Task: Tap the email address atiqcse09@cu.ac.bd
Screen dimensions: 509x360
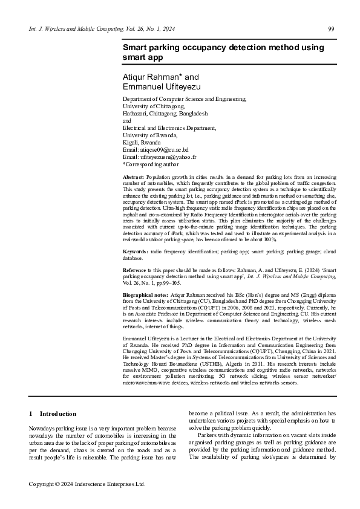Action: pyautogui.click(x=165, y=149)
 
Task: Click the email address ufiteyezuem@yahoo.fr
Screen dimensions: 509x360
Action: pyautogui.click(x=167, y=156)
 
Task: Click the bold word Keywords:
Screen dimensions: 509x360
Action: pyautogui.click(x=135, y=250)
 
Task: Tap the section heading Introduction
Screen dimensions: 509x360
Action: pyautogui.click(x=58, y=413)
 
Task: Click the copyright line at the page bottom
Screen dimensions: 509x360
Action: pyautogui.click(x=88, y=484)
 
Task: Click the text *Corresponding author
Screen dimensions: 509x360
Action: pyautogui.click(x=151, y=163)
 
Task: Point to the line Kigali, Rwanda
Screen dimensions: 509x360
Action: pyautogui.click(x=143, y=142)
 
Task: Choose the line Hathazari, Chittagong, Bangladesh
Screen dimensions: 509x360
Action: pyautogui.click(x=165, y=113)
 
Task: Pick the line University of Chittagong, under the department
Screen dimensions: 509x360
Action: pyautogui.click(x=154, y=106)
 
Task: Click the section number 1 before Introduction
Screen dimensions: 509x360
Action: pyautogui.click(x=31, y=413)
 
